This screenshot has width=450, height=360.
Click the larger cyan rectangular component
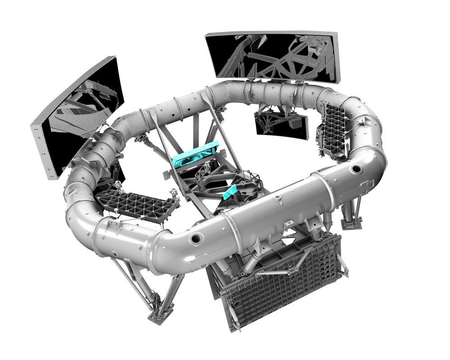pos(196,155)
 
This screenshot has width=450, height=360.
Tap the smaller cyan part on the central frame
pos(230,192)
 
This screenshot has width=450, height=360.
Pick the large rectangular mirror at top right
pos(273,56)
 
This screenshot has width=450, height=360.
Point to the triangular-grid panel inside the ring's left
pos(135,205)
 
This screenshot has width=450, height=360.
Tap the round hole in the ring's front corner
pos(196,238)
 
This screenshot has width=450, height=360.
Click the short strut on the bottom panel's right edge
pos(343,265)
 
